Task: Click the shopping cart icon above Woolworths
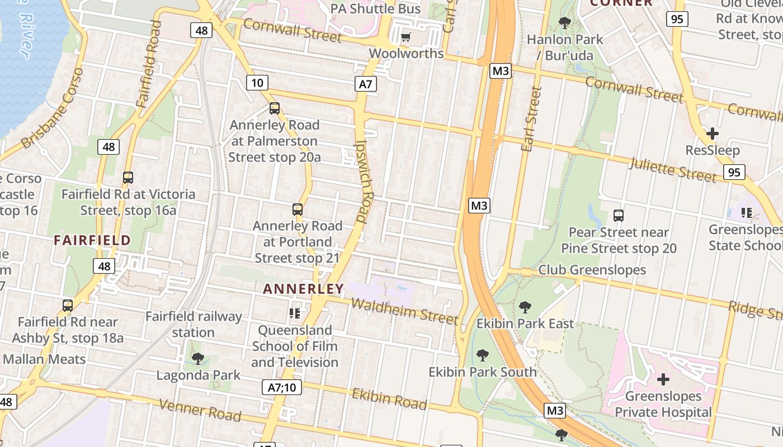(406, 37)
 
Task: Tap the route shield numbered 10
(257, 83)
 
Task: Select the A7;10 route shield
(282, 387)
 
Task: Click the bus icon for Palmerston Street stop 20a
(275, 108)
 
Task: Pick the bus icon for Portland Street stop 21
(298, 210)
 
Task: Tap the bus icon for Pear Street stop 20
(619, 215)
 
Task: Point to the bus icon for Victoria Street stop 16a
(128, 178)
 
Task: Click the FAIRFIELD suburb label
(92, 241)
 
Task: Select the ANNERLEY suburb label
(303, 289)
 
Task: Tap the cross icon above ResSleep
(713, 134)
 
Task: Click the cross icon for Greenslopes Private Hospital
(663, 379)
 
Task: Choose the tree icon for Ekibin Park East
(525, 307)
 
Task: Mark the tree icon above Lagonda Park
(197, 358)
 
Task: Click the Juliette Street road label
(673, 169)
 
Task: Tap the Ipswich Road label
(365, 182)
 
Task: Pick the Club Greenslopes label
(592, 270)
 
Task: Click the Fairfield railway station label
(194, 325)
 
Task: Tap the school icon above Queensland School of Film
(295, 313)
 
